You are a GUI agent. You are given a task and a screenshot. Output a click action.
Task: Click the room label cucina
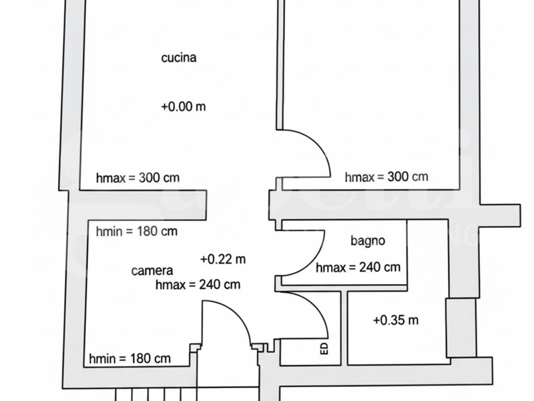(x=179, y=57)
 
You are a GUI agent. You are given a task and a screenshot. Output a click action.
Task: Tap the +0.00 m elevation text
(x=183, y=106)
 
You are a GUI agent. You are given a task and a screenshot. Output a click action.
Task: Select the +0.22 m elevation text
(x=223, y=259)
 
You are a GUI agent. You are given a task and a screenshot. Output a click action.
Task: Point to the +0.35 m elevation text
(x=396, y=320)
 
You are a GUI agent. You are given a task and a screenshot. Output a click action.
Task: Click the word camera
(x=152, y=271)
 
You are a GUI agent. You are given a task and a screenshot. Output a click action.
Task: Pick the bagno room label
(x=368, y=241)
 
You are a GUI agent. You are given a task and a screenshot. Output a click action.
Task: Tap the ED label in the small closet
(x=324, y=348)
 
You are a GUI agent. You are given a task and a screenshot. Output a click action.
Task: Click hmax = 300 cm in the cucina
(x=138, y=178)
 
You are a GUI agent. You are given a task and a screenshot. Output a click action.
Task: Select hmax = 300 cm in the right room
(x=386, y=176)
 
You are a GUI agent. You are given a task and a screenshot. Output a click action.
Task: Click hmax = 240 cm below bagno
(x=358, y=267)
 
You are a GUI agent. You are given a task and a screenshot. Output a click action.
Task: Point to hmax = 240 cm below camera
(x=198, y=284)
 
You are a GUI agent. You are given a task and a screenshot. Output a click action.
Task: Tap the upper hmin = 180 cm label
(x=137, y=231)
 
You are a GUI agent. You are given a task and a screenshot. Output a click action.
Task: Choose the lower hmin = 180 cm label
(x=129, y=358)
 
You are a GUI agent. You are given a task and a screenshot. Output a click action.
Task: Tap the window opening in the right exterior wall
(x=461, y=327)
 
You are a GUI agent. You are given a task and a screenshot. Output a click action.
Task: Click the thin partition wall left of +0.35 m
(x=344, y=328)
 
